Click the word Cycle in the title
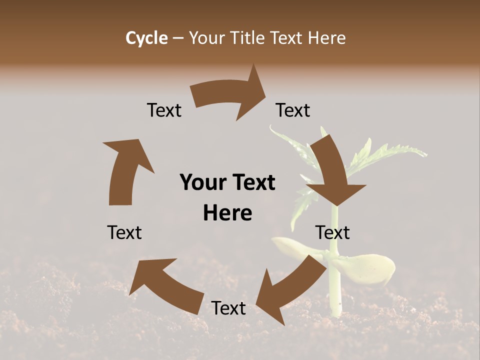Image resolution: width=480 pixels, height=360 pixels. [146, 38]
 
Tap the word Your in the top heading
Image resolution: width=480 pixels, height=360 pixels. [206, 38]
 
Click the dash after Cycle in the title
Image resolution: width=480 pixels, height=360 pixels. [178, 38]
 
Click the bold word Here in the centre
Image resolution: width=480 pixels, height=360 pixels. [227, 213]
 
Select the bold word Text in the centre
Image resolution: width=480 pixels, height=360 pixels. [253, 183]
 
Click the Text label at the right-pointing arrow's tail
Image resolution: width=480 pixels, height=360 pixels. [164, 110]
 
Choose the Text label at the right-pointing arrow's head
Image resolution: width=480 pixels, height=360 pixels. [293, 110]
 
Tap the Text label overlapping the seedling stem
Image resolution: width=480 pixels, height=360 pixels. [332, 232]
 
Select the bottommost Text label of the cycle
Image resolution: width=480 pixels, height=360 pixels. [228, 308]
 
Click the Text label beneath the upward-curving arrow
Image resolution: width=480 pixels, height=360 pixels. [124, 232]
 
